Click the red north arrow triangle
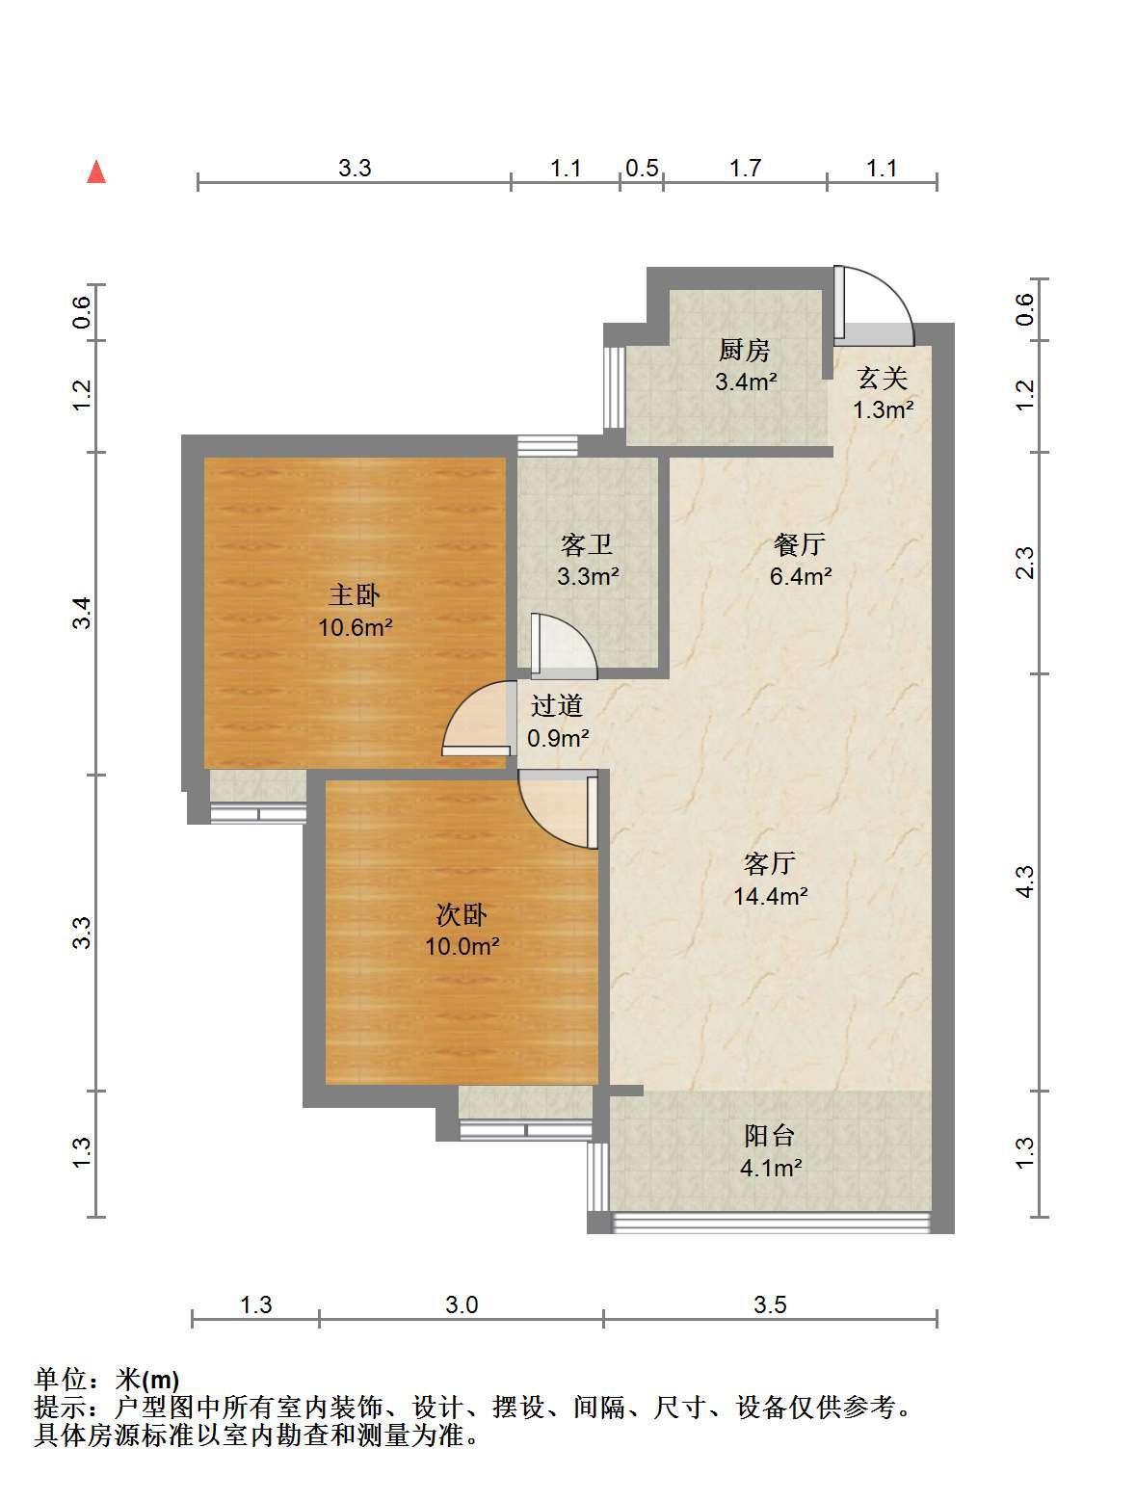point(96,171)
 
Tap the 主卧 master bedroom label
point(355,594)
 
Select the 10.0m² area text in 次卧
point(462,946)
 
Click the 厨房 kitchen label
point(744,350)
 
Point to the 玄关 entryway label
point(883,378)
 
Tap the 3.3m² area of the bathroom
point(588,576)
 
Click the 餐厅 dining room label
point(800,544)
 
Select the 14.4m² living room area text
point(771,896)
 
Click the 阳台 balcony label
point(770,1135)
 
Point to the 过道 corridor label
point(557,705)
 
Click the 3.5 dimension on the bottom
point(770,1304)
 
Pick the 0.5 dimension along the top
point(642,168)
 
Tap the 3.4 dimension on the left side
point(81,613)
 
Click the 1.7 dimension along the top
point(745,168)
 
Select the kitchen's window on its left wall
point(614,387)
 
